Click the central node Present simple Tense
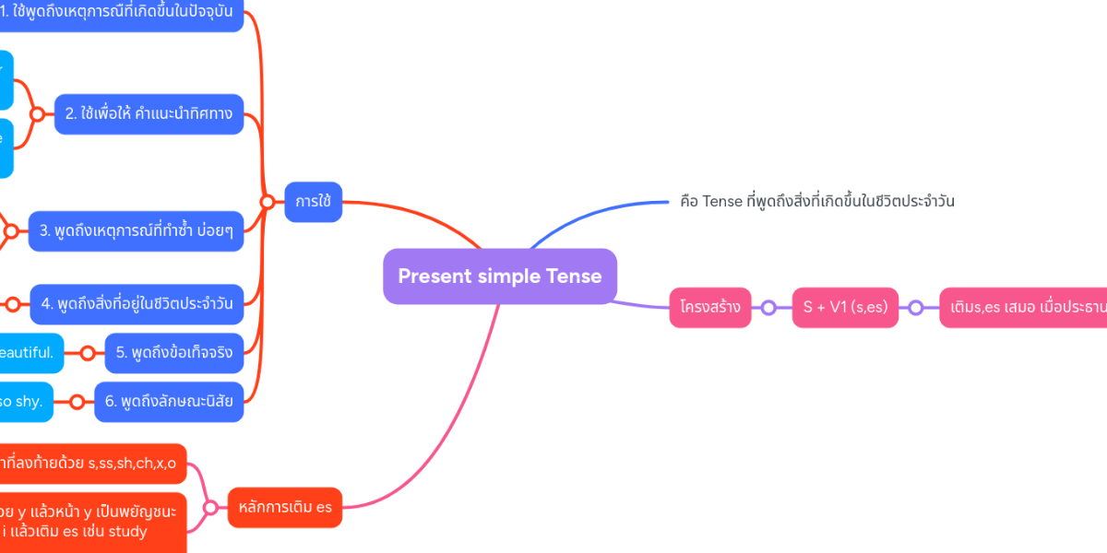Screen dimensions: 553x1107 click(499, 276)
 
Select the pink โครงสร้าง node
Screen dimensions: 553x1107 click(709, 308)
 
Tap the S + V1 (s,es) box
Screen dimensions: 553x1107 click(845, 308)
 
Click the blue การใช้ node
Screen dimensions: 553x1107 click(313, 202)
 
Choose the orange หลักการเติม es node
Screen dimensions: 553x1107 click(284, 507)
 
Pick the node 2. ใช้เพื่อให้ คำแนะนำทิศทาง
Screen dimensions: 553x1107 click(149, 114)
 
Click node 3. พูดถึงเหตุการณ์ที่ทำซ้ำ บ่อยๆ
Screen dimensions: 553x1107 click(136, 230)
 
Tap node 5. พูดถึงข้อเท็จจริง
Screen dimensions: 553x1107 click(173, 352)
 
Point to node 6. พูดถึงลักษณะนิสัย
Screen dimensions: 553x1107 click(169, 402)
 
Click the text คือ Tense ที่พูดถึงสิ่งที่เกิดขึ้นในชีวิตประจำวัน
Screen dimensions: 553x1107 click(816, 201)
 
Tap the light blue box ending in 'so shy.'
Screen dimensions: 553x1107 click(26, 402)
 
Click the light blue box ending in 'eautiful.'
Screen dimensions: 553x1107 click(31, 352)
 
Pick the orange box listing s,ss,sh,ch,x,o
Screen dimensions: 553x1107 click(90, 464)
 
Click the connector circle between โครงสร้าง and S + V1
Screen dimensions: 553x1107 click(768, 308)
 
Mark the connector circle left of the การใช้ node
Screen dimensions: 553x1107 click(267, 202)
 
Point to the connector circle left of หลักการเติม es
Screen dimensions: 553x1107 click(210, 507)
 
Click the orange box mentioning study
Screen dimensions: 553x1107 click(90, 521)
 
